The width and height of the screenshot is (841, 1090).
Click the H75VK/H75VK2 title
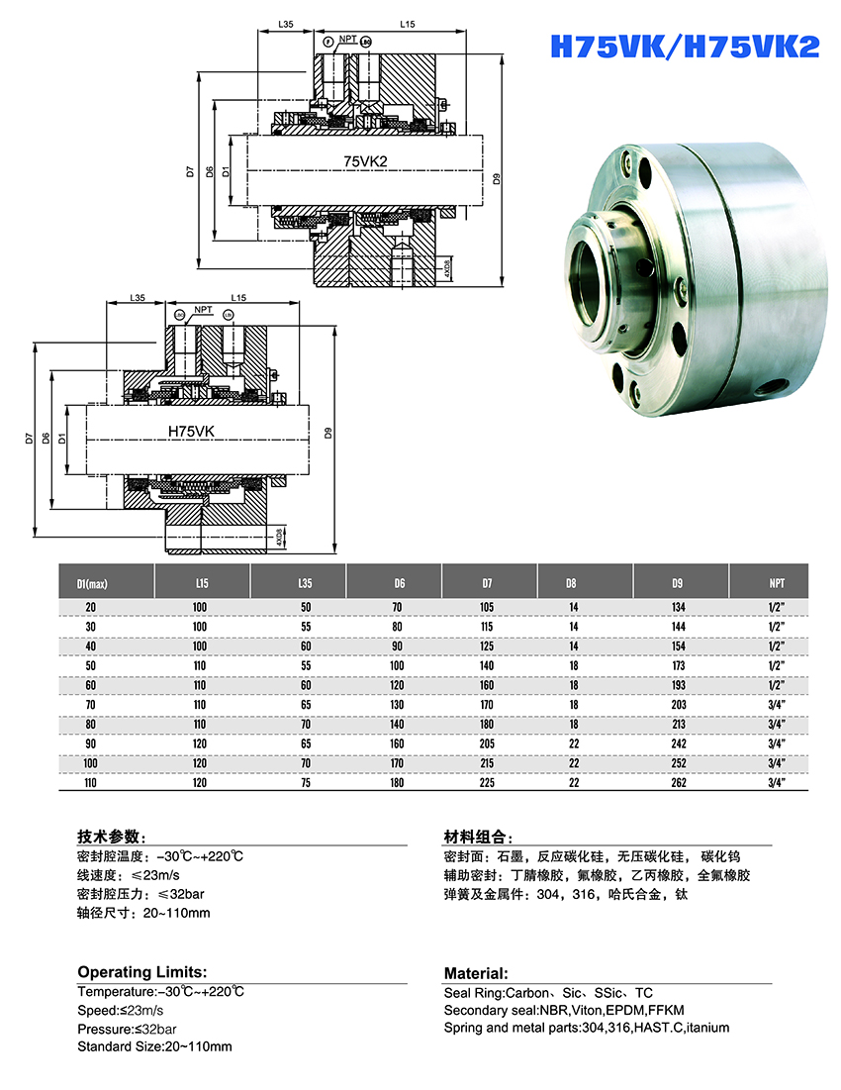pyautogui.click(x=684, y=47)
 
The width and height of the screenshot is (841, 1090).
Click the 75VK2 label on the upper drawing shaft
pyautogui.click(x=365, y=160)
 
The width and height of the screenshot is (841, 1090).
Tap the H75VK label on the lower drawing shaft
pyautogui.click(x=194, y=432)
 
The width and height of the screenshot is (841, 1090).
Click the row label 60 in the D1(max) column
pyautogui.click(x=91, y=684)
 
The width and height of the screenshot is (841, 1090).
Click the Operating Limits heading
pyautogui.click(x=141, y=972)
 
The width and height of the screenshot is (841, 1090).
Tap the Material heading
pyautogui.click(x=476, y=973)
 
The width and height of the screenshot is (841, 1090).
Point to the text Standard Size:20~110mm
pyautogui.click(x=154, y=1046)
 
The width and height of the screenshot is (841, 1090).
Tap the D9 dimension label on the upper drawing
pyautogui.click(x=496, y=178)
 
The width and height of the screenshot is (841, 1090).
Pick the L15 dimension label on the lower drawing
pyautogui.click(x=238, y=298)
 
